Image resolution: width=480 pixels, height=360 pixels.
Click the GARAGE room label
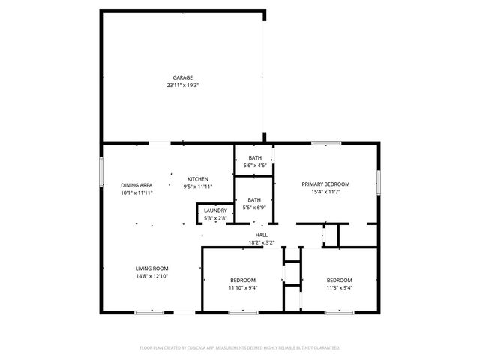click(183, 77)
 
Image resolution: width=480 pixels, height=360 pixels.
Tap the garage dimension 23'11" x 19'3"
click(183, 85)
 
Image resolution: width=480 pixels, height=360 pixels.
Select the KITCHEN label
click(198, 178)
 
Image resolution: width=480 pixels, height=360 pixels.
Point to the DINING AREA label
click(136, 184)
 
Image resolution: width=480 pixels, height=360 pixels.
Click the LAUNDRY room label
click(215, 211)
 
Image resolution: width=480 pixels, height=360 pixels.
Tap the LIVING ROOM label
click(151, 268)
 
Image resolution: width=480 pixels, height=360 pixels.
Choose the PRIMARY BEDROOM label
click(325, 184)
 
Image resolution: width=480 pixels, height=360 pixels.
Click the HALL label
click(262, 235)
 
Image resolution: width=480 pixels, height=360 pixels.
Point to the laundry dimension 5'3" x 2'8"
click(215, 219)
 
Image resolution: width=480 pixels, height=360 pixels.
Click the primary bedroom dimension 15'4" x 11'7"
click(325, 193)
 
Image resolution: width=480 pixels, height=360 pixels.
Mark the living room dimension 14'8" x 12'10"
click(151, 277)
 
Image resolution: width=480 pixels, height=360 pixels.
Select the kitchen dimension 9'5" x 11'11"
click(198, 187)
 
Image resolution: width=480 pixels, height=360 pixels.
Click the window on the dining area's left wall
click(101, 172)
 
